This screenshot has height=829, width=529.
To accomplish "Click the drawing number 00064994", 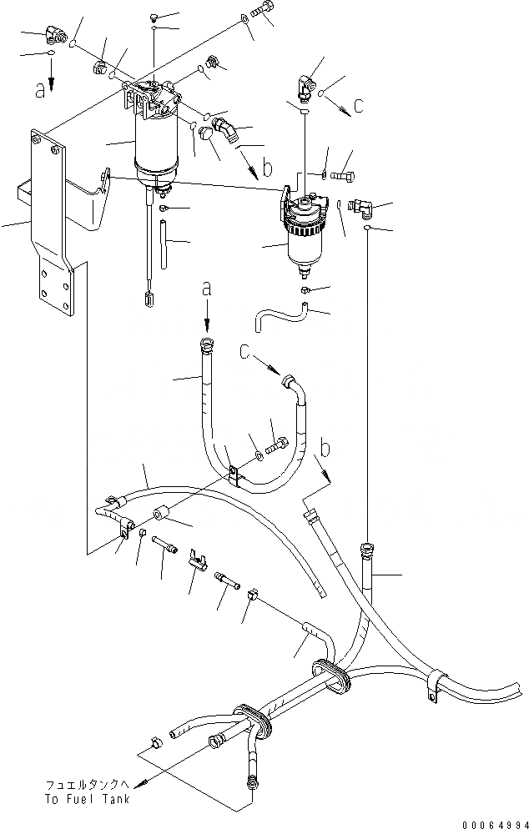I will (488, 818).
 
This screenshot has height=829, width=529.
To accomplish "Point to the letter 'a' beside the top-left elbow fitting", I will (40, 90).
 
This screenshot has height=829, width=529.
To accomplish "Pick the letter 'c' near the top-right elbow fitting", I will (359, 106).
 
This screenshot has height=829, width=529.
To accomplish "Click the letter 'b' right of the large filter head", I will (267, 168).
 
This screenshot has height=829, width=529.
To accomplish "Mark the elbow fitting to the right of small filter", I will (365, 208).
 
